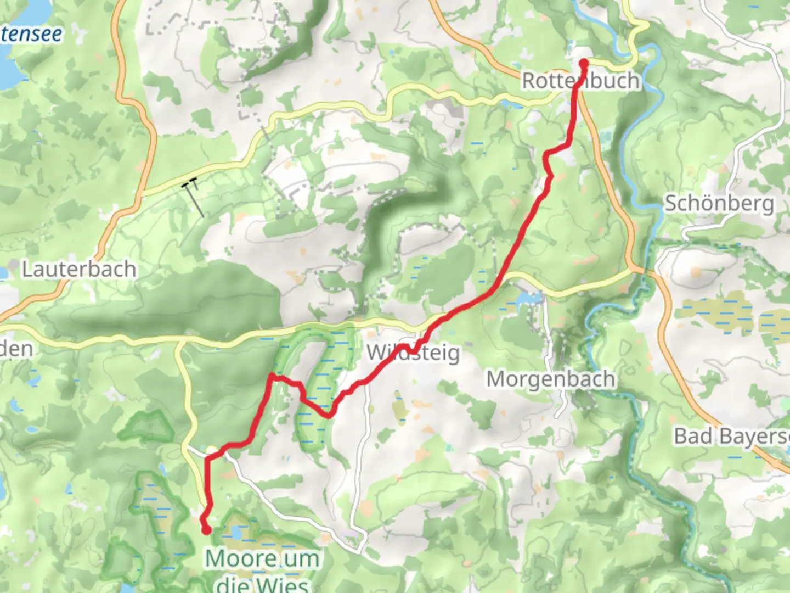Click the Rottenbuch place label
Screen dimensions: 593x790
(x=580, y=81)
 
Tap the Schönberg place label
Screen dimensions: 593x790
(x=719, y=204)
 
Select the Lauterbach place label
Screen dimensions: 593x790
(x=79, y=269)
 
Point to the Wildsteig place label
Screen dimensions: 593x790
(x=413, y=353)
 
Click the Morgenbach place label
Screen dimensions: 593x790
(x=550, y=379)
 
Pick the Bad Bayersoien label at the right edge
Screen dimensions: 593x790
(x=732, y=437)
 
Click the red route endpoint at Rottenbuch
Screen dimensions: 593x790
(x=583, y=64)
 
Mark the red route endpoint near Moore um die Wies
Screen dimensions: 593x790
(x=206, y=530)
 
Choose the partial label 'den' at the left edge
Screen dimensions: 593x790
(x=16, y=349)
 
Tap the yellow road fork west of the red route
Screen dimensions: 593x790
(x=179, y=344)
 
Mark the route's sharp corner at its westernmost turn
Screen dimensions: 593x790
(x=271, y=377)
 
